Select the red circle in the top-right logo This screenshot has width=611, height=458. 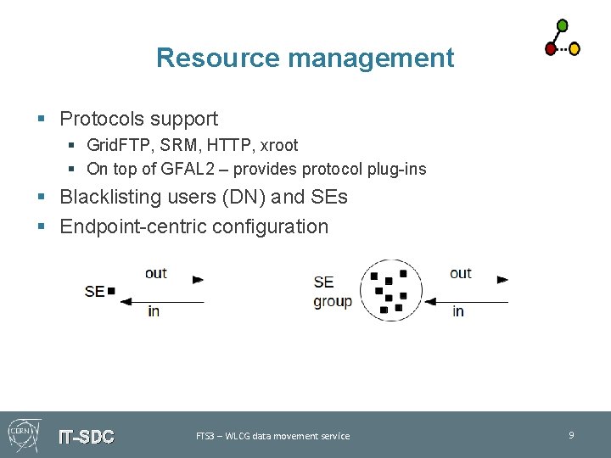point(550,49)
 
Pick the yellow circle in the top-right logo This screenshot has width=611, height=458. point(574,49)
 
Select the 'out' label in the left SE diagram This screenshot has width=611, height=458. point(156,273)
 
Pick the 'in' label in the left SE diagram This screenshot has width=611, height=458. point(153,311)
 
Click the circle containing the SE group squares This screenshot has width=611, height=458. point(390,290)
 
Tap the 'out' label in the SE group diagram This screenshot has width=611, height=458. point(461,273)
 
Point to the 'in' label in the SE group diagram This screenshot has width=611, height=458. point(458,311)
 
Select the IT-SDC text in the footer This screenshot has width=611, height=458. point(86,437)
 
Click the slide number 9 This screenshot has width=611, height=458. point(571,435)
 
